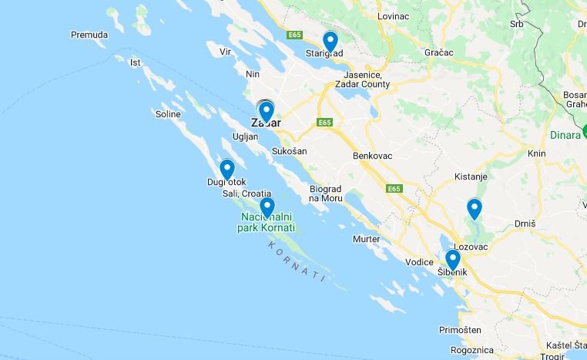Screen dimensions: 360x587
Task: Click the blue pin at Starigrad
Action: pos(330,41)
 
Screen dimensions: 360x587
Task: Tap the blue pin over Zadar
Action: pos(266,112)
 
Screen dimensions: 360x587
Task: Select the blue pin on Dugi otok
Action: pos(227,169)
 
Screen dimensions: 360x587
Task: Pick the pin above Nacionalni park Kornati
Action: pos(267,207)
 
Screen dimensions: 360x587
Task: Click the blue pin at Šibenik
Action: pos(453,259)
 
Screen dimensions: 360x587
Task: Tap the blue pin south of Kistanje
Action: pos(475,208)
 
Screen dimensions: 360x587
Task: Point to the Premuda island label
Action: pos(89,35)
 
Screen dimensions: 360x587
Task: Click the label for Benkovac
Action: pos(373,156)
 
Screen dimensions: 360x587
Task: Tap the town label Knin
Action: pos(536,153)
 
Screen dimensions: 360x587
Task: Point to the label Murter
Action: pos(366,239)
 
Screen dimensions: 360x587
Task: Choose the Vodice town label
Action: pos(420,262)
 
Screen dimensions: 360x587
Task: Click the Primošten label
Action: pos(460,329)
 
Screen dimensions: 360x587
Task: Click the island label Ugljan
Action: pos(245,136)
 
